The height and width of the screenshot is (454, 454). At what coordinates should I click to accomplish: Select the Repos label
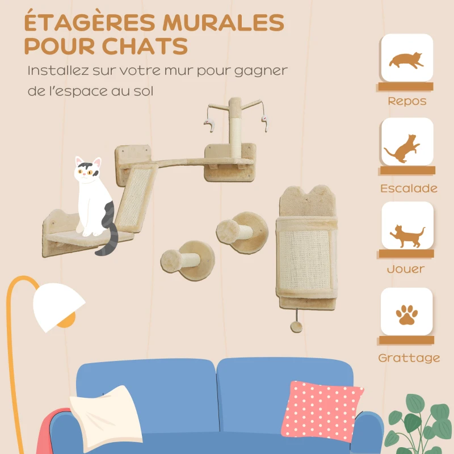click(407, 102)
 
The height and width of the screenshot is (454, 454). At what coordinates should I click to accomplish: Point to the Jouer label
click(406, 269)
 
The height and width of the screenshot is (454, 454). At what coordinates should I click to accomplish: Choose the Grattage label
click(409, 358)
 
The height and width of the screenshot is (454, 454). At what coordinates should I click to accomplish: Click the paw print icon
click(406, 314)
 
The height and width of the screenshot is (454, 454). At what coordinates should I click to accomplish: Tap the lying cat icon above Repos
click(406, 59)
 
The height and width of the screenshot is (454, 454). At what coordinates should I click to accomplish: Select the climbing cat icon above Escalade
click(406, 146)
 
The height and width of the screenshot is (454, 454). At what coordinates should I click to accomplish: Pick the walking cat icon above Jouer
click(406, 233)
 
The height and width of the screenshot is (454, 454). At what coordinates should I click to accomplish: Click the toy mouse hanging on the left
click(209, 125)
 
